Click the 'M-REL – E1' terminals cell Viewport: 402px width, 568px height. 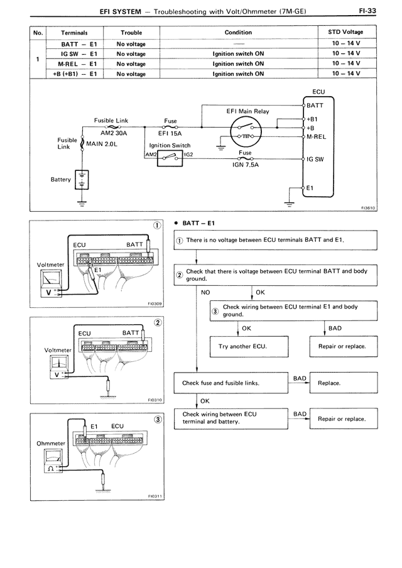click(x=74, y=63)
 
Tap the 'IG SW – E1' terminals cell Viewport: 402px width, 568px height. click(x=74, y=53)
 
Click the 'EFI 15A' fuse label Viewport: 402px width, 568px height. click(x=170, y=133)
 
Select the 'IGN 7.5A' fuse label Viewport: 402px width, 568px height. click(x=246, y=165)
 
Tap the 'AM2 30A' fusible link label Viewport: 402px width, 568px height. click(x=114, y=133)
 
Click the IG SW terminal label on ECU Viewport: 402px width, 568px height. click(x=315, y=159)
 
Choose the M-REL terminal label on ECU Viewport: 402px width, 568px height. click(x=317, y=136)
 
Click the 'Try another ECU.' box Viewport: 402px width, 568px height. click(x=238, y=346)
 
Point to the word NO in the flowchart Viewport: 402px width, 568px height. click(x=205, y=292)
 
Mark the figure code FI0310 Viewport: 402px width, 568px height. click(x=155, y=399)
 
